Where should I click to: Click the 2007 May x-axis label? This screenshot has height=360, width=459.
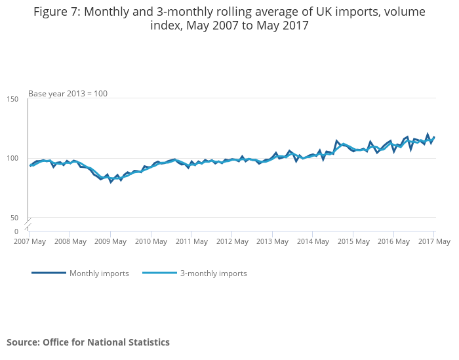pyautogui.click(x=30, y=241)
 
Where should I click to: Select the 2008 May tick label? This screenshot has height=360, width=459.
pyautogui.click(x=70, y=241)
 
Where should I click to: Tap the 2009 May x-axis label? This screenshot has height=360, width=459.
pyautogui.click(x=111, y=241)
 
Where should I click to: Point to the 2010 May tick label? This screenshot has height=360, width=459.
pyautogui.click(x=151, y=241)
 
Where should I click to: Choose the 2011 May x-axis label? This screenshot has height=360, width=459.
pyautogui.click(x=191, y=241)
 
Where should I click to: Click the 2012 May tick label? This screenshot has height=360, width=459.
pyautogui.click(x=232, y=241)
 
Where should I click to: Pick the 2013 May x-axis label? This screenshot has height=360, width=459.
pyautogui.click(x=272, y=241)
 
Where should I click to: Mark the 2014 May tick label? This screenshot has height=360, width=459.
pyautogui.click(x=313, y=241)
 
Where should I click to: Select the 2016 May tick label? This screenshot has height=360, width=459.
pyautogui.click(x=393, y=241)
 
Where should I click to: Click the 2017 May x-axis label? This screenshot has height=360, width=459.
pyautogui.click(x=433, y=241)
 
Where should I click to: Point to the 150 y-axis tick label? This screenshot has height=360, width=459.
pyautogui.click(x=12, y=99)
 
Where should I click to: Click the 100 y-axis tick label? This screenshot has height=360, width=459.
pyautogui.click(x=12, y=158)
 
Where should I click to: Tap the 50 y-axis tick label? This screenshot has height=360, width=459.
pyautogui.click(x=14, y=218)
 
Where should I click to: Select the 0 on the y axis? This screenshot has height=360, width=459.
pyautogui.click(x=16, y=231)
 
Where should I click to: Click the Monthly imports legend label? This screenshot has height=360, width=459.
pyautogui.click(x=99, y=273)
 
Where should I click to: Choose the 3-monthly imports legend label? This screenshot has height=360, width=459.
pyautogui.click(x=213, y=273)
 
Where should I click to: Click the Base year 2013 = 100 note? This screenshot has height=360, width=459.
pyautogui.click(x=68, y=94)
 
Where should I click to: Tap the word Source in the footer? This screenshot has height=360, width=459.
pyautogui.click(x=22, y=342)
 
